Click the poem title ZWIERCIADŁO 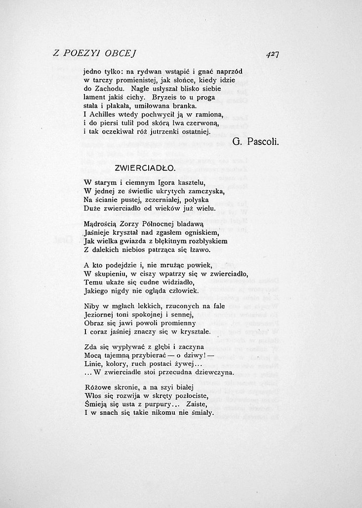[x=145, y=168]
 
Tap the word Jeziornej [x=100, y=315]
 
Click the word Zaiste [x=202, y=404]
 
